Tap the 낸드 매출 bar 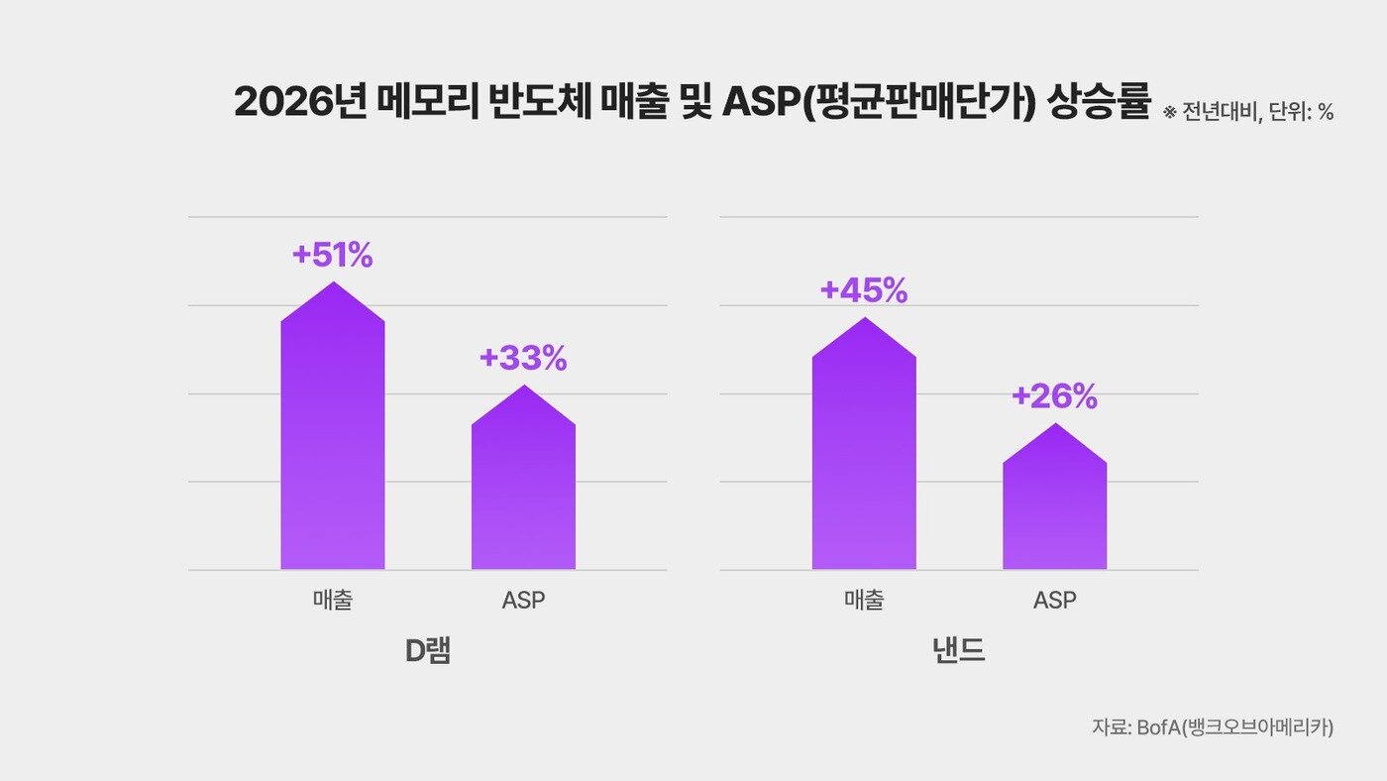864,456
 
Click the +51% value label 333,256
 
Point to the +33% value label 523,359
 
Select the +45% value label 864,291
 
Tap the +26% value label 1054,397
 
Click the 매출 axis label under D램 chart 333,601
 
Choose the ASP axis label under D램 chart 523,601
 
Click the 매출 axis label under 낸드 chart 864,601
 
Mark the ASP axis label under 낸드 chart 1054,601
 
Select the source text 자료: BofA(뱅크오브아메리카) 1213,726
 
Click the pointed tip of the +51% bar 333,283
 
